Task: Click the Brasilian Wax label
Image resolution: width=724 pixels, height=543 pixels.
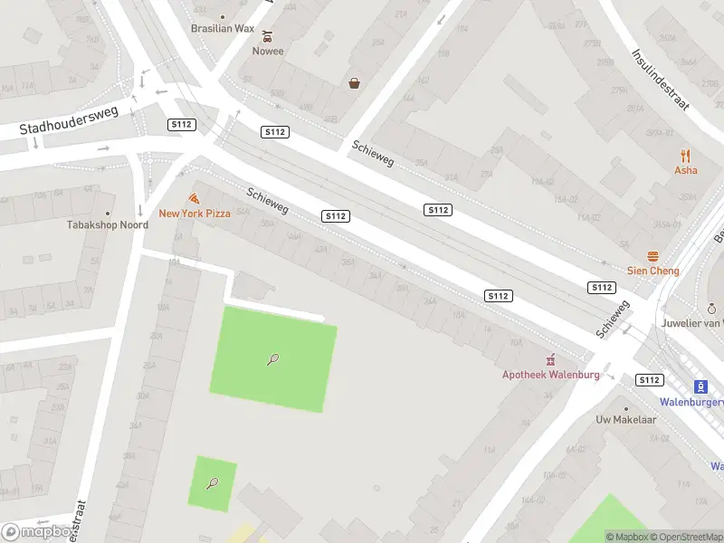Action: (223, 28)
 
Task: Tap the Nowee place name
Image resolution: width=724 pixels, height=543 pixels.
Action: (267, 51)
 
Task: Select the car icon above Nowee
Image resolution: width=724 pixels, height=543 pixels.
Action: (267, 36)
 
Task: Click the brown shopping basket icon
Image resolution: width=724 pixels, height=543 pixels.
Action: (355, 83)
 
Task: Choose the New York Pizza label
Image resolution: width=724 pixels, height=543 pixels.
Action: (195, 214)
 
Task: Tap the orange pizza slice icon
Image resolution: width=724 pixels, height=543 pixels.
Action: (194, 198)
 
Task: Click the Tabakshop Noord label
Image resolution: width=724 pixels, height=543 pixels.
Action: (107, 224)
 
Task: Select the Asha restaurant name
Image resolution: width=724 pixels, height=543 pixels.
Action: (685, 170)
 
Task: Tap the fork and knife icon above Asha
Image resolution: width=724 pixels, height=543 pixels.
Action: (685, 156)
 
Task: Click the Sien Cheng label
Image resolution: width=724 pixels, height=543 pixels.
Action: (653, 271)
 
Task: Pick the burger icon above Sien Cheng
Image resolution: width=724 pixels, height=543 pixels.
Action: (653, 256)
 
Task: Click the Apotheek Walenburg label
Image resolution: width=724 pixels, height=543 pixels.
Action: (551, 375)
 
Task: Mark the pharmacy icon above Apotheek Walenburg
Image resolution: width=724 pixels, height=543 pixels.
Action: (548, 360)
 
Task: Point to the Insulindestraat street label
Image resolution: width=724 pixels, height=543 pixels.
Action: (660, 80)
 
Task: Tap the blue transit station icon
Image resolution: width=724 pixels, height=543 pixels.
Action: (700, 386)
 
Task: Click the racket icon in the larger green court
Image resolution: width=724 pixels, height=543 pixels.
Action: (272, 359)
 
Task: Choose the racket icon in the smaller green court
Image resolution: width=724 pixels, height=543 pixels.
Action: (213, 482)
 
